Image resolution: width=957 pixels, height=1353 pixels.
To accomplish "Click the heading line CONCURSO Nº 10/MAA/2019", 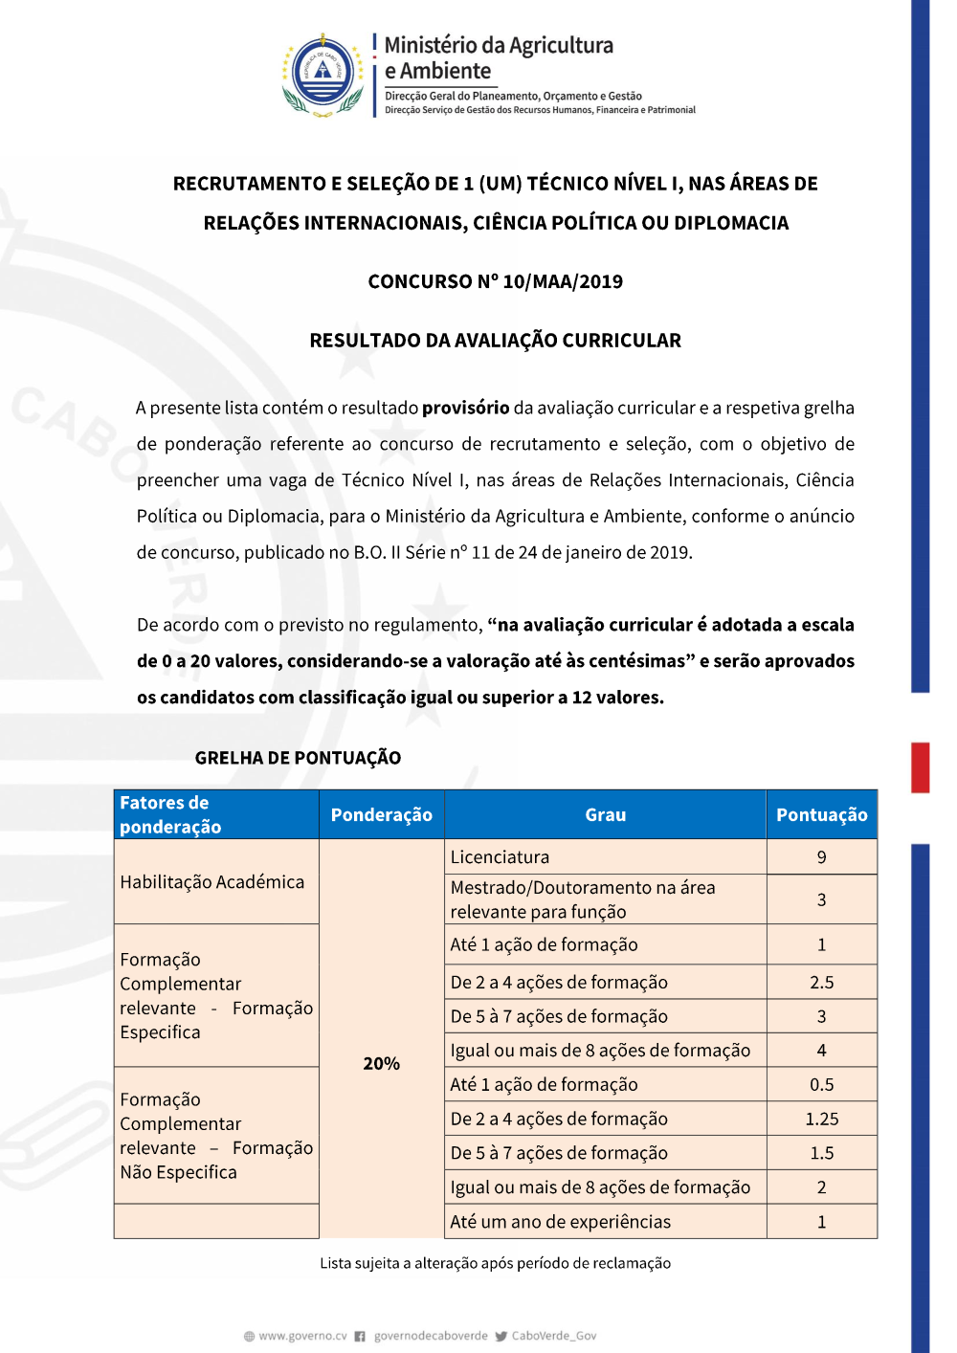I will pyautogui.click(x=495, y=281).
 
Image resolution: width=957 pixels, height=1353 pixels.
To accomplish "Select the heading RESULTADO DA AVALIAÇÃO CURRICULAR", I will pyautogui.click(x=495, y=341).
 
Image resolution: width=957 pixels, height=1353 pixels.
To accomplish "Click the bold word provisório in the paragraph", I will pyautogui.click(x=465, y=408).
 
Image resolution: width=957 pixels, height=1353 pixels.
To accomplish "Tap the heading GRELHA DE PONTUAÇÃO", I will pyautogui.click(x=298, y=758).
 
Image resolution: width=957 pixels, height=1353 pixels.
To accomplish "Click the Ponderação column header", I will pyautogui.click(x=381, y=815).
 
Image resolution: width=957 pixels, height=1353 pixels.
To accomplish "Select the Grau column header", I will pyautogui.click(x=605, y=815).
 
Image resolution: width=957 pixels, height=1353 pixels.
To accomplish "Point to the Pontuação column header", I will pyautogui.click(x=821, y=815).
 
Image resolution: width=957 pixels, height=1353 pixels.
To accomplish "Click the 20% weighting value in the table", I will pyautogui.click(x=381, y=1063).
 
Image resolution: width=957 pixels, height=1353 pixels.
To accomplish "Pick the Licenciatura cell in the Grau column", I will pyautogui.click(x=500, y=857).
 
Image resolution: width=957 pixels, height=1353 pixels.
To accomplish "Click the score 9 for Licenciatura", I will pyautogui.click(x=821, y=857).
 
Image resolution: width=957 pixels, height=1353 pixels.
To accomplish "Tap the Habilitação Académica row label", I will pyautogui.click(x=211, y=882).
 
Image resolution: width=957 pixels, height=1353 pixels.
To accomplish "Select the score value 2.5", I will pyautogui.click(x=821, y=983).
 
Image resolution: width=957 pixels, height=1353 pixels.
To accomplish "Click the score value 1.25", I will pyautogui.click(x=821, y=1119).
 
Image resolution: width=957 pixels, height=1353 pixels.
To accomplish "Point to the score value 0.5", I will pyautogui.click(x=821, y=1085).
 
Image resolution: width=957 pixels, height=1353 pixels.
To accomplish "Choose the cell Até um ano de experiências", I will pyautogui.click(x=560, y=1222).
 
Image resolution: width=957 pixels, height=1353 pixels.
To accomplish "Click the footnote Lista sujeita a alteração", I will pyautogui.click(x=495, y=1263).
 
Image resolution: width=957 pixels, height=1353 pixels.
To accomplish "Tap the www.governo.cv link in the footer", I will pyautogui.click(x=302, y=1336).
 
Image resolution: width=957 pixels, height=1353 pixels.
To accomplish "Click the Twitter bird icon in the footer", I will pyautogui.click(x=501, y=1337).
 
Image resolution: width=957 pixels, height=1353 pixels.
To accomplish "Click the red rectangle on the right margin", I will pyautogui.click(x=920, y=767).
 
